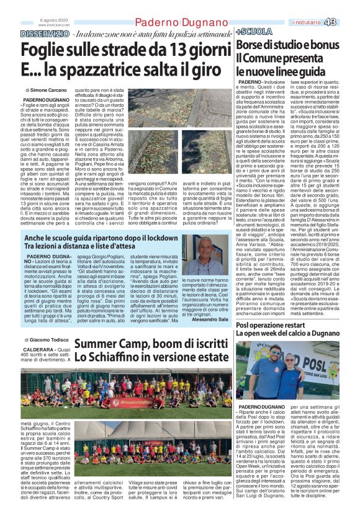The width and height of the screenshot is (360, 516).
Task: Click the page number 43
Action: [x=346, y=22]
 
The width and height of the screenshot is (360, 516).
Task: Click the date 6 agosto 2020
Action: [x=56, y=20]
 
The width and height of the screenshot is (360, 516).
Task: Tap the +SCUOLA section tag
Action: [x=251, y=30]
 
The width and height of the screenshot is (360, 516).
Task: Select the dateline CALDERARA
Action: [x=44, y=349]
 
